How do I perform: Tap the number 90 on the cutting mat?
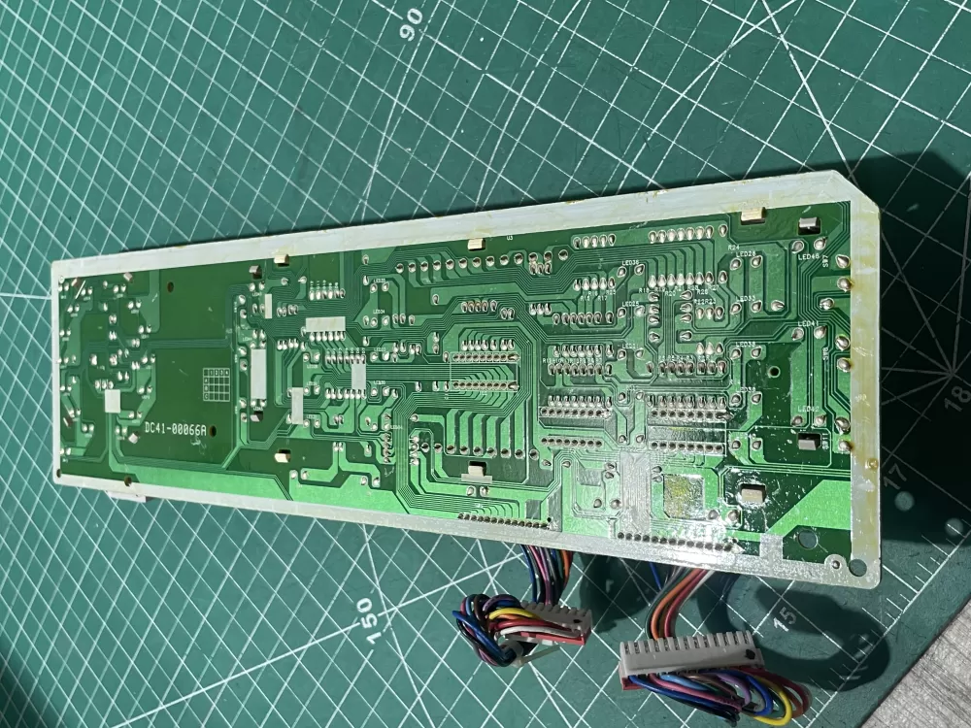(x=412, y=18)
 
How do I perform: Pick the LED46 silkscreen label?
(x=808, y=256)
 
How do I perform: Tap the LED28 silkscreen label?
(x=748, y=254)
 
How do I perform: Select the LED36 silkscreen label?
(x=629, y=263)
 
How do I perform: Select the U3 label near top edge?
(x=510, y=238)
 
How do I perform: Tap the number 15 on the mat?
(x=785, y=615)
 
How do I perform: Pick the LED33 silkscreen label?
(x=748, y=299)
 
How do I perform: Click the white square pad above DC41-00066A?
(x=114, y=400)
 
